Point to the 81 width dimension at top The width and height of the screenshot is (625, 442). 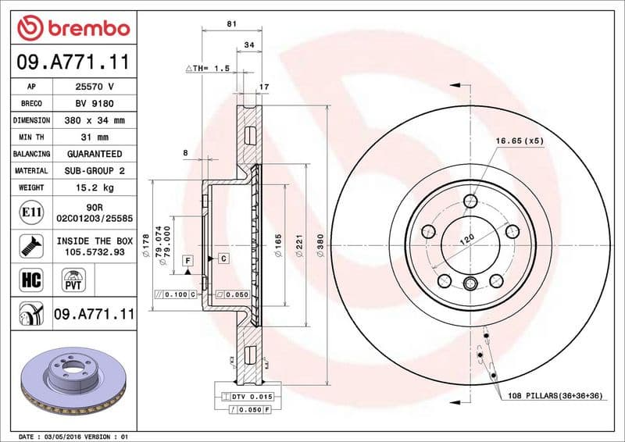click(x=231, y=24)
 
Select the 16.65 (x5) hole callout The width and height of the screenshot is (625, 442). click(x=519, y=141)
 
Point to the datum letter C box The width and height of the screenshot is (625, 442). click(x=223, y=258)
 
